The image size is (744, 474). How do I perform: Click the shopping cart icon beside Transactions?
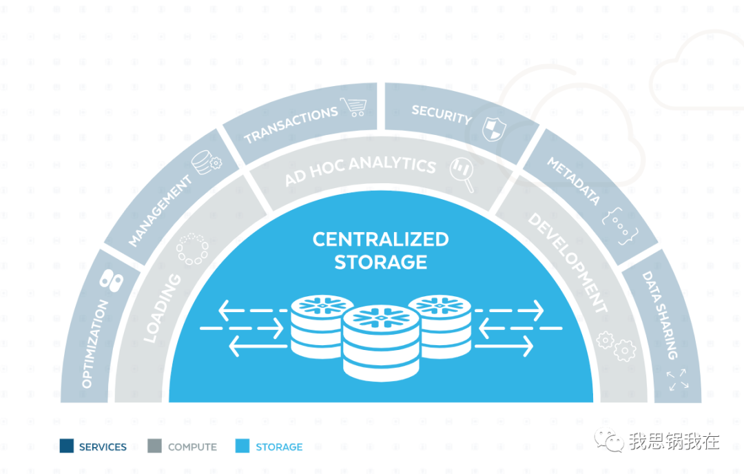pos(353,107)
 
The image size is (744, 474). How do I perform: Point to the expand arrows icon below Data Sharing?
pos(676,379)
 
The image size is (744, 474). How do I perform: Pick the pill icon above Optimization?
pos(110,278)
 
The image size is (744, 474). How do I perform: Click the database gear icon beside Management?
pos(207,163)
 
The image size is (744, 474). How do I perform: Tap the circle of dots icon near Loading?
pos(192,249)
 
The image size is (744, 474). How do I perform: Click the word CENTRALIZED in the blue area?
pos(380,240)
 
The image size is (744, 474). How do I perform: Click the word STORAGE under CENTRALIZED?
pos(380,262)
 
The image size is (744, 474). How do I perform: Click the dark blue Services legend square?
pos(67,446)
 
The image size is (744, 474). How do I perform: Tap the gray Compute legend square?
pos(155,446)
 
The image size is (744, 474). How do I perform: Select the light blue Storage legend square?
pos(242,446)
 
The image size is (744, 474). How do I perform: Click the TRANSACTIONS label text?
pos(291,124)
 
